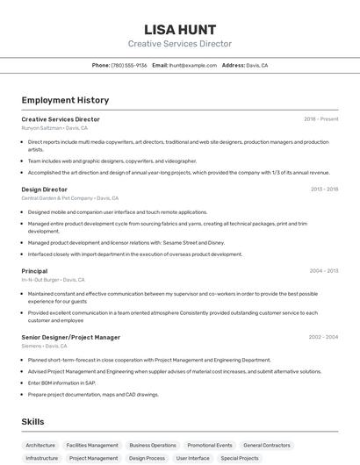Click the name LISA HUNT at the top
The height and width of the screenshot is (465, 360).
180,29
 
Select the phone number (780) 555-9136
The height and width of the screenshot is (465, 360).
129,65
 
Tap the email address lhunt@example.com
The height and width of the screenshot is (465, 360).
192,65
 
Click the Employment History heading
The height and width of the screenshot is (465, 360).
65,100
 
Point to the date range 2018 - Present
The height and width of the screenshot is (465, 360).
320,119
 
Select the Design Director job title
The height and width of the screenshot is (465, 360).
44,189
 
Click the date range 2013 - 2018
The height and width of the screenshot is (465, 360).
324,189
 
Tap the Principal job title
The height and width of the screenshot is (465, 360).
34,271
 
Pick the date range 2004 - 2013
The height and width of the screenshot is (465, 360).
324,271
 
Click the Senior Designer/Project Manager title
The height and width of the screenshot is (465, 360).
70,337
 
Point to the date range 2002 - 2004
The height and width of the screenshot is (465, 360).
323,337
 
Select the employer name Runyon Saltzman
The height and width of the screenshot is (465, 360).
41,128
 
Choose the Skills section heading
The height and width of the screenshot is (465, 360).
32,422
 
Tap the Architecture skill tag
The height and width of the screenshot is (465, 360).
40,445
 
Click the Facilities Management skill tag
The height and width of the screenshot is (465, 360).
92,445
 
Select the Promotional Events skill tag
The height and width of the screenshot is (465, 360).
210,445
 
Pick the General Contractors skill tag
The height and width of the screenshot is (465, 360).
266,445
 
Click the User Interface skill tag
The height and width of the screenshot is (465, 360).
193,458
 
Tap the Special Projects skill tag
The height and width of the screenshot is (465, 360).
240,458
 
